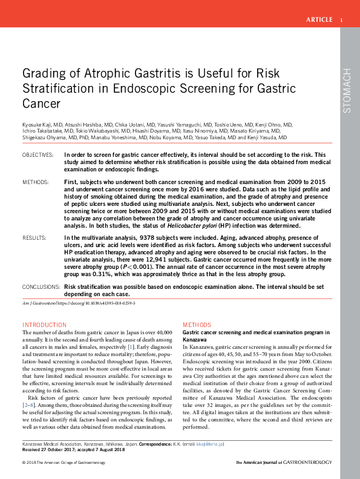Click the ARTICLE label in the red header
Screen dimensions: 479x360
319,20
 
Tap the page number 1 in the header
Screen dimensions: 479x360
341,20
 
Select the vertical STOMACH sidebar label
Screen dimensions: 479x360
347,91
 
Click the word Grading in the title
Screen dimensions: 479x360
44,73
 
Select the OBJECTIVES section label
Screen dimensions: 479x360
39,155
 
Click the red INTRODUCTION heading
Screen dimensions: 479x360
44,325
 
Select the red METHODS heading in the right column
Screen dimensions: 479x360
197,325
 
